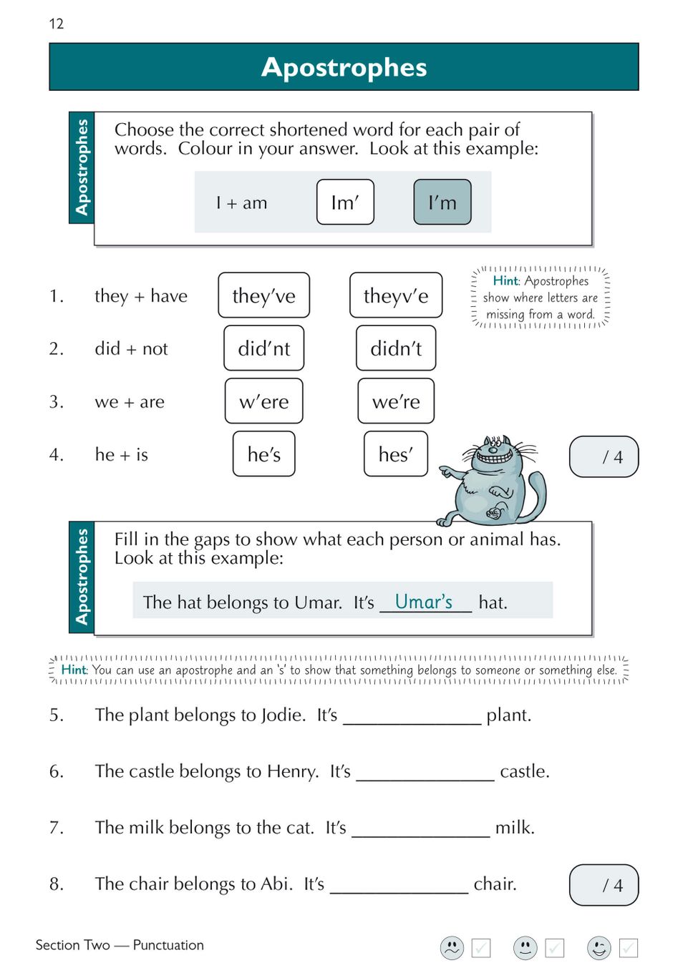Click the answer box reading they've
263,295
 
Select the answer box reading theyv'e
395,295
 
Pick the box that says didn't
396,348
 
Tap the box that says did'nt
263,348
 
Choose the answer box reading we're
396,401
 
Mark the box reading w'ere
263,401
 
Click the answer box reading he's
263,454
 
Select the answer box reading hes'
395,454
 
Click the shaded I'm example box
442,202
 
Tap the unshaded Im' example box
345,202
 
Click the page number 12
57,24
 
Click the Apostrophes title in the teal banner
344,67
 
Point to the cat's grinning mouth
492,454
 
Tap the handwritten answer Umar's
424,602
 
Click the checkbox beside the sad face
481,948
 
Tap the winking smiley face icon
599,948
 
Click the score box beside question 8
604,885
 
